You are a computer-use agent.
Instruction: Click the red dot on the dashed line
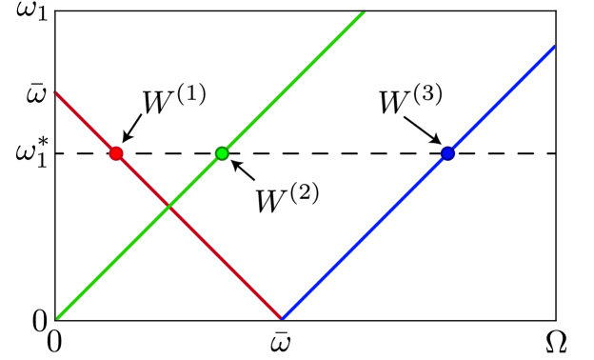coord(116,153)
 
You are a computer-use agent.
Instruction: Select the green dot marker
coord(222,153)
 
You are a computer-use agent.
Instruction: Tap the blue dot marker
coord(447,153)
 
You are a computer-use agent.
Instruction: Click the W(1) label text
coord(174,101)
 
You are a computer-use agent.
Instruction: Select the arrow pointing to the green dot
coord(245,171)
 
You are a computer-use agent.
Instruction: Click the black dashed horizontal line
coord(333,153)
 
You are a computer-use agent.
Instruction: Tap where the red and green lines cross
coord(168,207)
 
